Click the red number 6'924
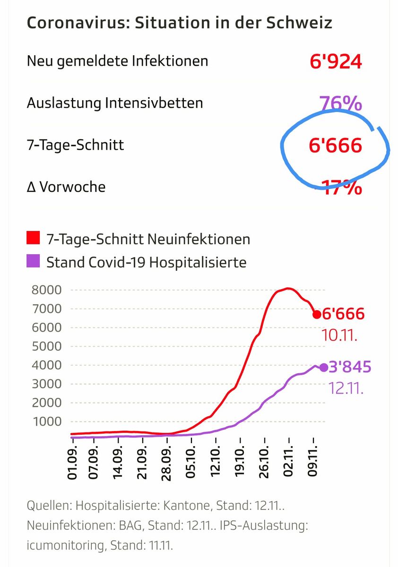[x=336, y=61]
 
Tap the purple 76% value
[x=340, y=103]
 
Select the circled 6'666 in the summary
[x=336, y=145]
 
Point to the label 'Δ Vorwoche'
[x=66, y=187]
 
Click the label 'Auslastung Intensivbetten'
[x=115, y=103]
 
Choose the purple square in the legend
[x=33, y=262]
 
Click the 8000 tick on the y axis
[x=46, y=290]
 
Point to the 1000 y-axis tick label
[x=46, y=421]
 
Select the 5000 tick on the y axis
[x=46, y=346]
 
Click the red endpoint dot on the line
[x=317, y=314]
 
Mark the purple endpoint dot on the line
[x=324, y=368]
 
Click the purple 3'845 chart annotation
[x=350, y=367]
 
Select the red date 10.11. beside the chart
[x=339, y=335]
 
